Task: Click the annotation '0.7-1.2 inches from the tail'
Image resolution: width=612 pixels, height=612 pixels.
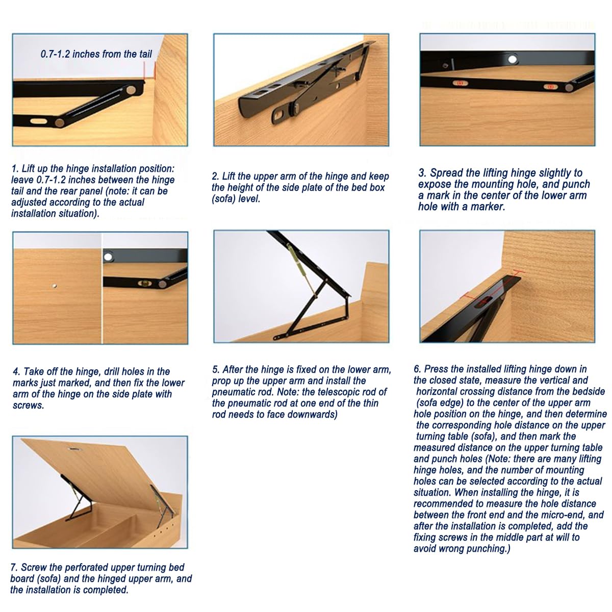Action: [x=96, y=54]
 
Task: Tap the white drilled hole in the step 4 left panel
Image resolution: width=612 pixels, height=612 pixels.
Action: [x=55, y=286]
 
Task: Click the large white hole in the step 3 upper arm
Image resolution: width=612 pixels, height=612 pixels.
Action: [x=512, y=59]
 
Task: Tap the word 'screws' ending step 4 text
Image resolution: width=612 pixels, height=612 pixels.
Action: [x=28, y=405]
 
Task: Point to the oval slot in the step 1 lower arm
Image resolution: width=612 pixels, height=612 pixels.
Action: [x=39, y=121]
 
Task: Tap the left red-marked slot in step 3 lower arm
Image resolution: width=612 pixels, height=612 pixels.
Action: [x=460, y=84]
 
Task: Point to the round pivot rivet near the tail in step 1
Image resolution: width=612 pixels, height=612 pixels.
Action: [x=131, y=90]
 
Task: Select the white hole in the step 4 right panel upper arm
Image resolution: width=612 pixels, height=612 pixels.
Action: [x=108, y=257]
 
